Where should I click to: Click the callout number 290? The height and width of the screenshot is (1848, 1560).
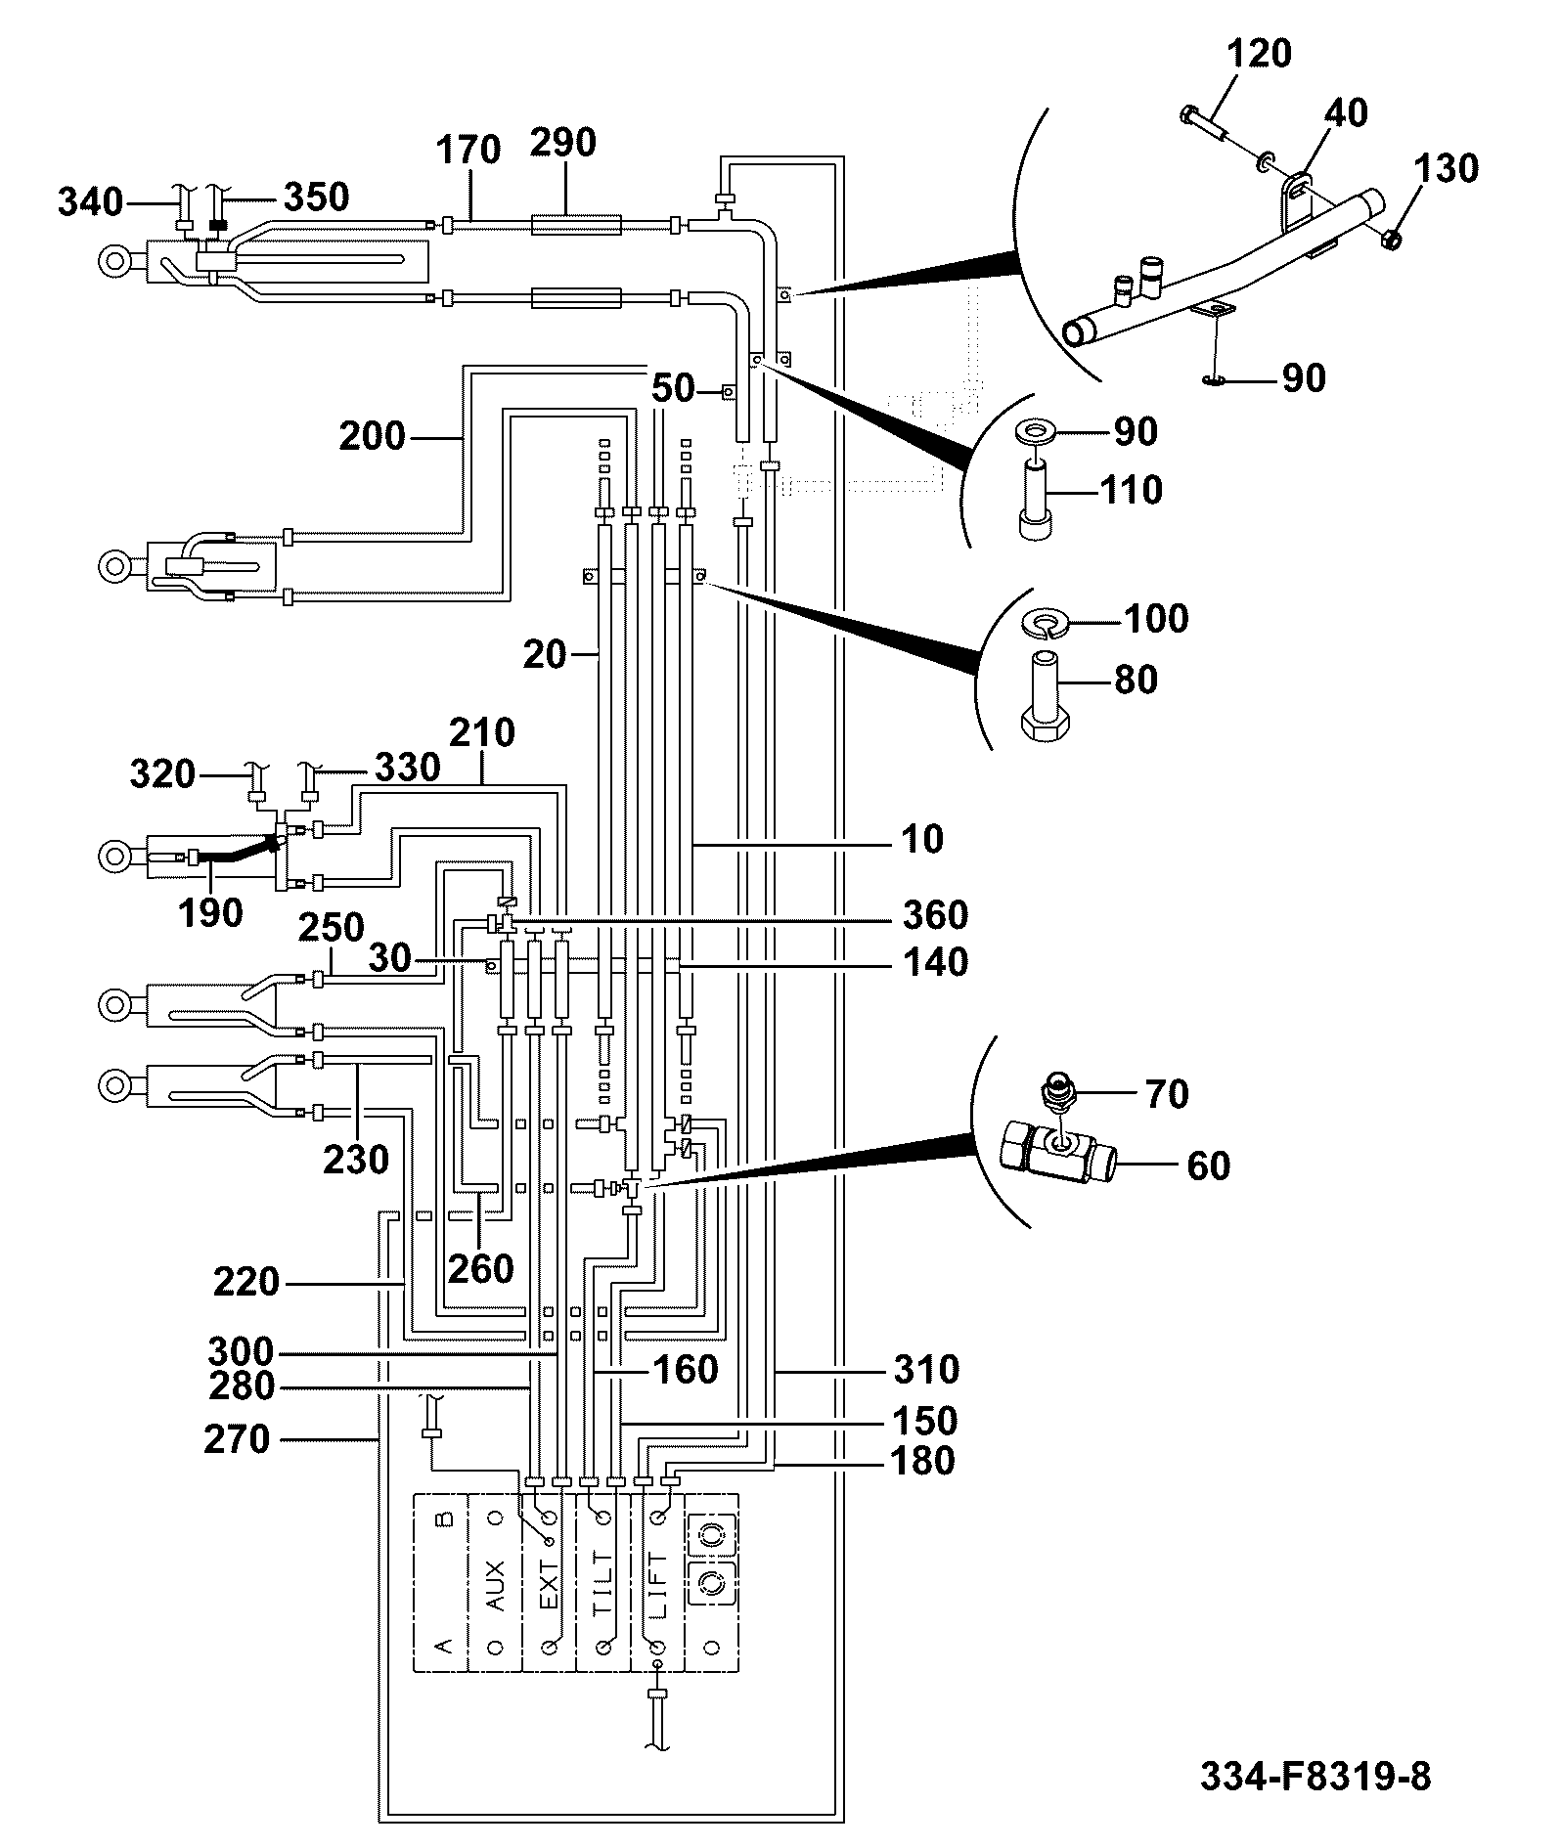pyautogui.click(x=562, y=144)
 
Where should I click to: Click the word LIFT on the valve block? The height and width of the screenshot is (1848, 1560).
pyautogui.click(x=657, y=1583)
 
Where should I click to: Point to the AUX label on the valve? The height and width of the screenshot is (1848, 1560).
pyautogui.click(x=495, y=1584)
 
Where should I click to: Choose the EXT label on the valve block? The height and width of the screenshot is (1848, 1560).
pyautogui.click(x=549, y=1584)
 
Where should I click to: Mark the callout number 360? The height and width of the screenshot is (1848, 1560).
pyautogui.click(x=935, y=915)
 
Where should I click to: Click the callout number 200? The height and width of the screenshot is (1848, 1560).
pyautogui.click(x=373, y=436)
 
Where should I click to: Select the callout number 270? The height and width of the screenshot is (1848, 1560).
pyautogui.click(x=237, y=1439)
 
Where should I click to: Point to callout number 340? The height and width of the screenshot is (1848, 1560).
pyautogui.click(x=91, y=203)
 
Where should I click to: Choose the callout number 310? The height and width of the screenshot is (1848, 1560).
pyautogui.click(x=926, y=1370)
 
